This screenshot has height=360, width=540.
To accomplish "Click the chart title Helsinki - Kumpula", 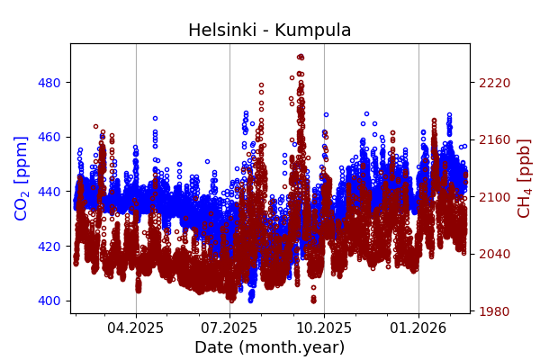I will [269, 31].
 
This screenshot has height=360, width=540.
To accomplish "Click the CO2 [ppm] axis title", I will [22, 178].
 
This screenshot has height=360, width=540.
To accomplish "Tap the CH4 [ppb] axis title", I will [524, 178].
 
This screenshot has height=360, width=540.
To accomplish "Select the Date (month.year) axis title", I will [269, 347].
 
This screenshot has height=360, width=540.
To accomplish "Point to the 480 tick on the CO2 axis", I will [49, 83].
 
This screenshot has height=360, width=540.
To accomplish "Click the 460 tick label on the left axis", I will [49, 137].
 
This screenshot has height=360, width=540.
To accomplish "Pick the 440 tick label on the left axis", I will [49, 192].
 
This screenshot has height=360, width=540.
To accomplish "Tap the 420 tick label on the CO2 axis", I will [49, 246].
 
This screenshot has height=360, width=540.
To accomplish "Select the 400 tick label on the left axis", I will [49, 301].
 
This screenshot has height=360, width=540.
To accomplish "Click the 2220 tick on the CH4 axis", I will [494, 83].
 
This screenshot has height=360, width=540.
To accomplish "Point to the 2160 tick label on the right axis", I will [494, 139].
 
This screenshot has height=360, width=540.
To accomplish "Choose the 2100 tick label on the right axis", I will [494, 197].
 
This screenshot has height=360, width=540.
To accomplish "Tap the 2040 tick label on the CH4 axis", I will [494, 254].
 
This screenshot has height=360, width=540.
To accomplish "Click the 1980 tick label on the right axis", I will [494, 311].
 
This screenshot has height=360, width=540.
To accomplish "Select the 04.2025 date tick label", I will [136, 328].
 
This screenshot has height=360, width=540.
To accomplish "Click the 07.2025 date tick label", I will [229, 328].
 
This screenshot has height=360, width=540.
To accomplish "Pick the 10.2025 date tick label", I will [324, 328].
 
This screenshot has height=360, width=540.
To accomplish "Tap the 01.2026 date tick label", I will [418, 328].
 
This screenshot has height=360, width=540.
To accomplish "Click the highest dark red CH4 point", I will [300, 57].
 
